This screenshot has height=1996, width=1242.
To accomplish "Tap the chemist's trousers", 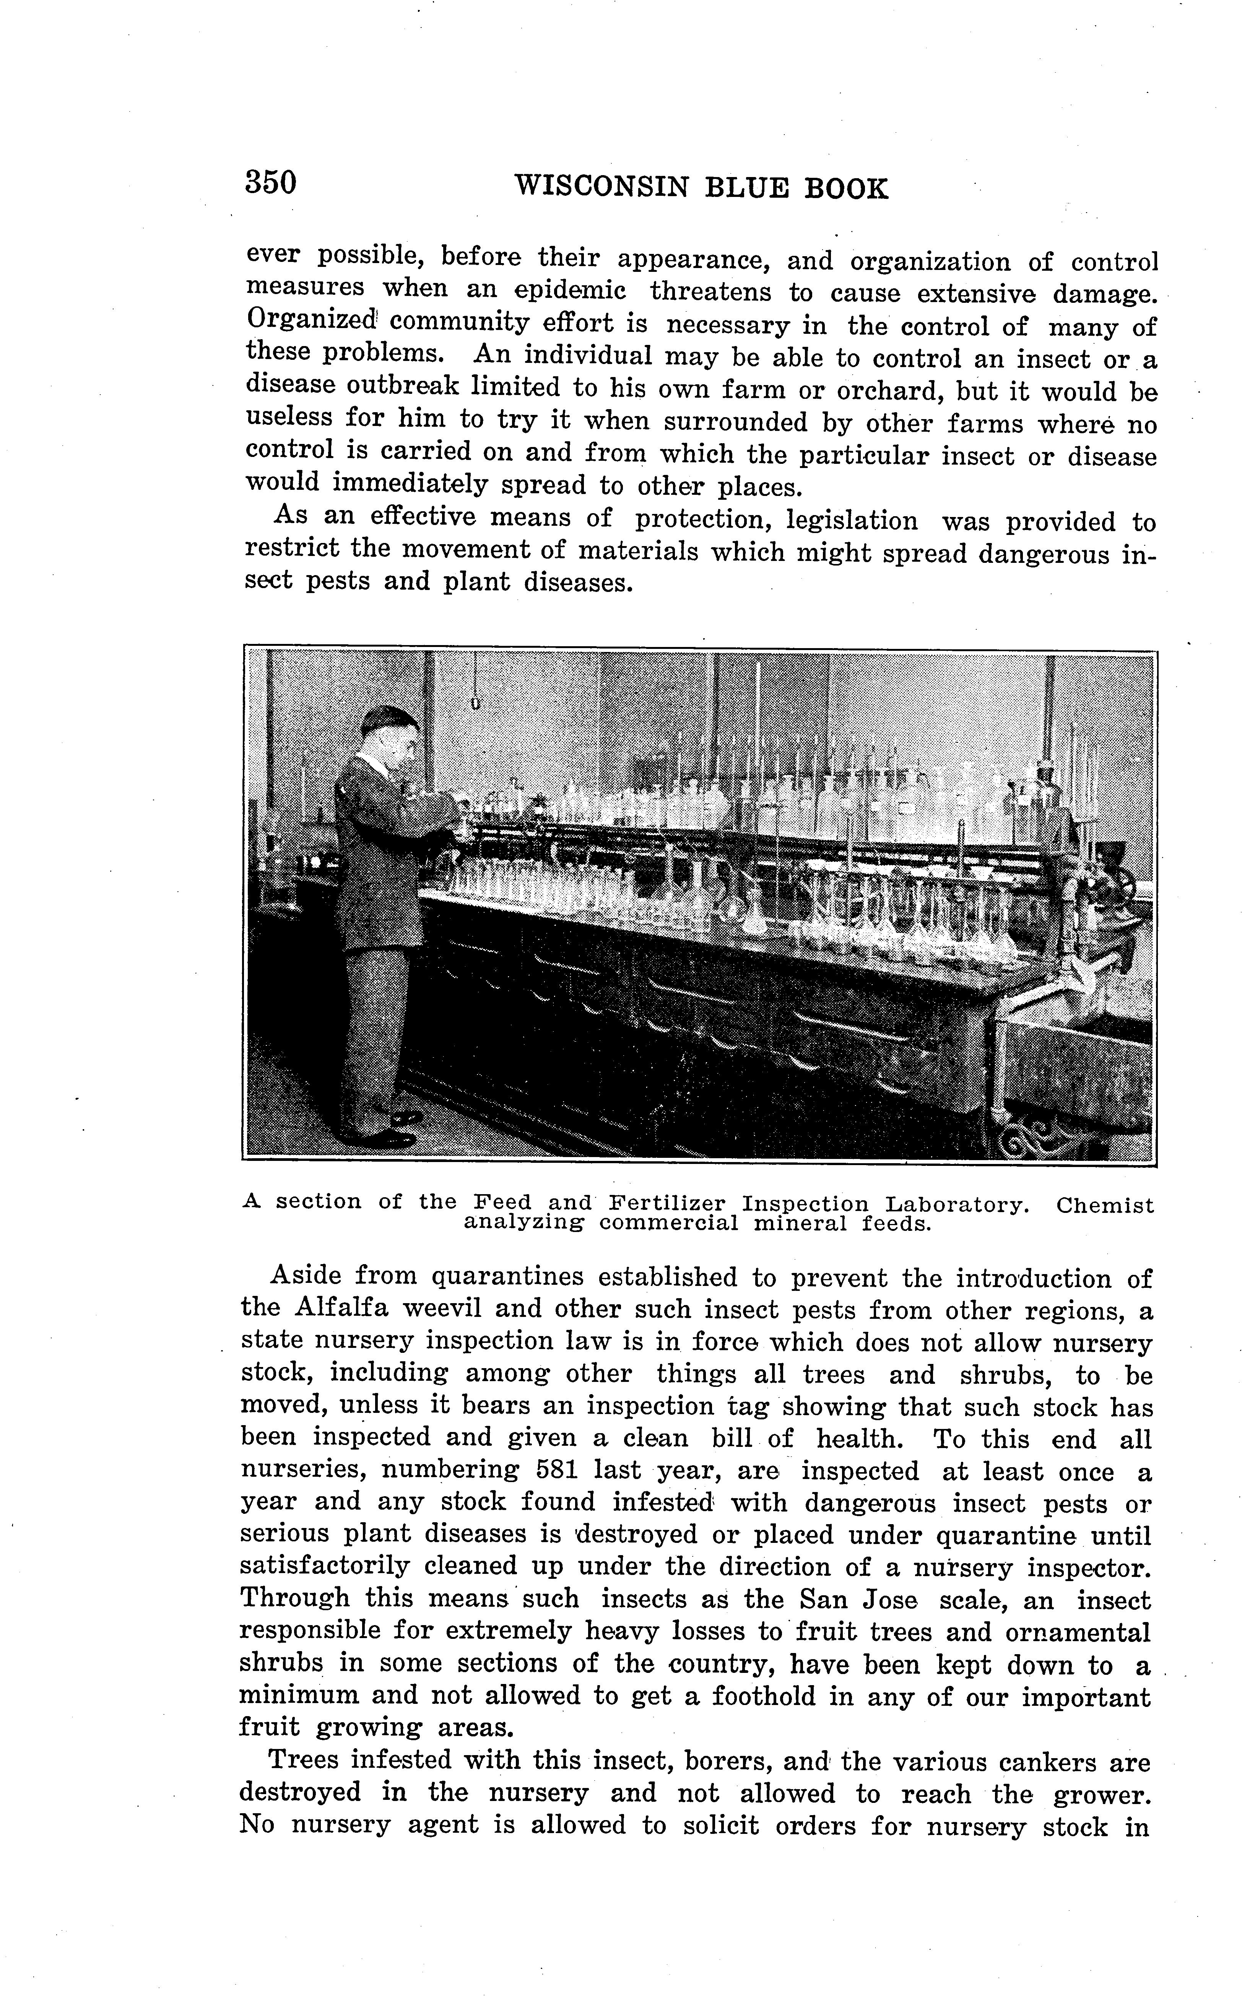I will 374,1035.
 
